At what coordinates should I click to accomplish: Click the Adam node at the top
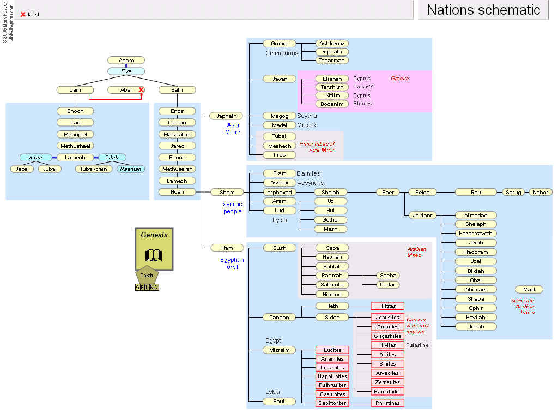pos(126,61)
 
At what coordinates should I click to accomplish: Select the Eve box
pos(126,71)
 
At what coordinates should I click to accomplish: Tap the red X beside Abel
pos(141,89)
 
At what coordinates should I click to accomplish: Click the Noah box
pos(177,192)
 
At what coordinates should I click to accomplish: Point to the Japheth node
pos(227,116)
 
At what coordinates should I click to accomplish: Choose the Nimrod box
pos(332,294)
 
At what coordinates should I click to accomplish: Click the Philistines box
pos(387,403)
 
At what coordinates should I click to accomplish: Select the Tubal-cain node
pos(93,169)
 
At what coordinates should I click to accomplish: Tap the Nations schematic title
pos(483,10)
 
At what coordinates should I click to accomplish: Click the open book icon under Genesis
pos(154,255)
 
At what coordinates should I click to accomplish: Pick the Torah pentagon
pos(147,274)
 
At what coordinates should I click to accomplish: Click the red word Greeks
pos(399,79)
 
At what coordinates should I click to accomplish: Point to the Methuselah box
pos(177,169)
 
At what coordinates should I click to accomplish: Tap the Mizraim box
pos(280,350)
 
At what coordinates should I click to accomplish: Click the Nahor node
pos(541,192)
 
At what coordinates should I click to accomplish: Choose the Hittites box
pos(387,306)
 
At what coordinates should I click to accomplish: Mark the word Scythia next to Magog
pos(307,116)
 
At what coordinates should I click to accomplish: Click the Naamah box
pos(130,169)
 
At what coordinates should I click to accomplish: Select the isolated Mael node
pos(529,290)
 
